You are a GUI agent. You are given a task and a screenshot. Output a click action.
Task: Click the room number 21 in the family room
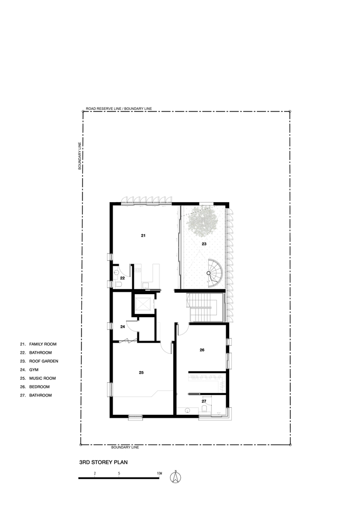[x=143, y=235]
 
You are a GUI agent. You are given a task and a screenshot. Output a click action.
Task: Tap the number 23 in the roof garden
[x=204, y=243]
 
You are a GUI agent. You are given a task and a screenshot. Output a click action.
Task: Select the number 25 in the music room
[x=141, y=373]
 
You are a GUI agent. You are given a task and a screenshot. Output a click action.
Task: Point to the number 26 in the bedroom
[x=202, y=350]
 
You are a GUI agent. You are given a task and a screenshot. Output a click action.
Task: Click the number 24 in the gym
[x=122, y=327]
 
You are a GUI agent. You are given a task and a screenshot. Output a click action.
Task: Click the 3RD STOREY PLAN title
[x=103, y=462]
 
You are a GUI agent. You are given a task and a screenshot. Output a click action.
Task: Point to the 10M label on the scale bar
[x=159, y=473]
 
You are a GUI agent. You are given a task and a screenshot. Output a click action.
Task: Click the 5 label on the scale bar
[x=119, y=473]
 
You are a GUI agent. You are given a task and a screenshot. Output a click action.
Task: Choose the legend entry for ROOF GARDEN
[x=39, y=361]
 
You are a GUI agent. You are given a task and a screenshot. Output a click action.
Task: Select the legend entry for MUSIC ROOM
[x=38, y=378]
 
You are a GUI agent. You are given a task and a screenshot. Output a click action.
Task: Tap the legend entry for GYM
[x=29, y=370]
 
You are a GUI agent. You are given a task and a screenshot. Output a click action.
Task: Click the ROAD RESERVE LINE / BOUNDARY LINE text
[x=119, y=109]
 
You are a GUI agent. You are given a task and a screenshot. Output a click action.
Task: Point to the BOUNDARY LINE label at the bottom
[x=125, y=447]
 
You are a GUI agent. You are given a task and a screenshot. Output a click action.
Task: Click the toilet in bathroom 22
[x=118, y=285]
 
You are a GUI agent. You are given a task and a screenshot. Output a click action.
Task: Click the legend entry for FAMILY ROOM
[x=38, y=344]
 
